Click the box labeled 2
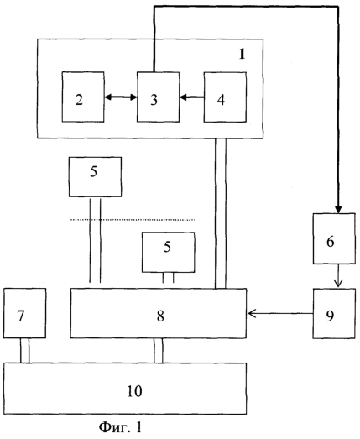click(x=83, y=97)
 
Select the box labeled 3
click(x=158, y=97)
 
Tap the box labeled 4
click(x=225, y=97)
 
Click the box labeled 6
click(x=334, y=238)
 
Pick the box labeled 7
click(x=24, y=313)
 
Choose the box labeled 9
click(x=334, y=314)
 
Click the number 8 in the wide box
click(x=160, y=316)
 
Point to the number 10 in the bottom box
click(x=134, y=391)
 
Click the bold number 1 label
click(x=243, y=54)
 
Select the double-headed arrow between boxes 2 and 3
click(x=121, y=97)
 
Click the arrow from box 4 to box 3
click(x=192, y=97)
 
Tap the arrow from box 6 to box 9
click(x=338, y=276)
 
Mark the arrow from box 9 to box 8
click(x=280, y=314)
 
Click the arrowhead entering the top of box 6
click(x=338, y=210)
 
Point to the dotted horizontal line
click(x=133, y=220)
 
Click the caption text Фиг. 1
click(x=121, y=427)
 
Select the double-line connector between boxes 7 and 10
click(x=24, y=351)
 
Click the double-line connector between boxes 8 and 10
click(x=158, y=351)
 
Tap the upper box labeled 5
click(x=95, y=176)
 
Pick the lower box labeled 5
click(x=168, y=252)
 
